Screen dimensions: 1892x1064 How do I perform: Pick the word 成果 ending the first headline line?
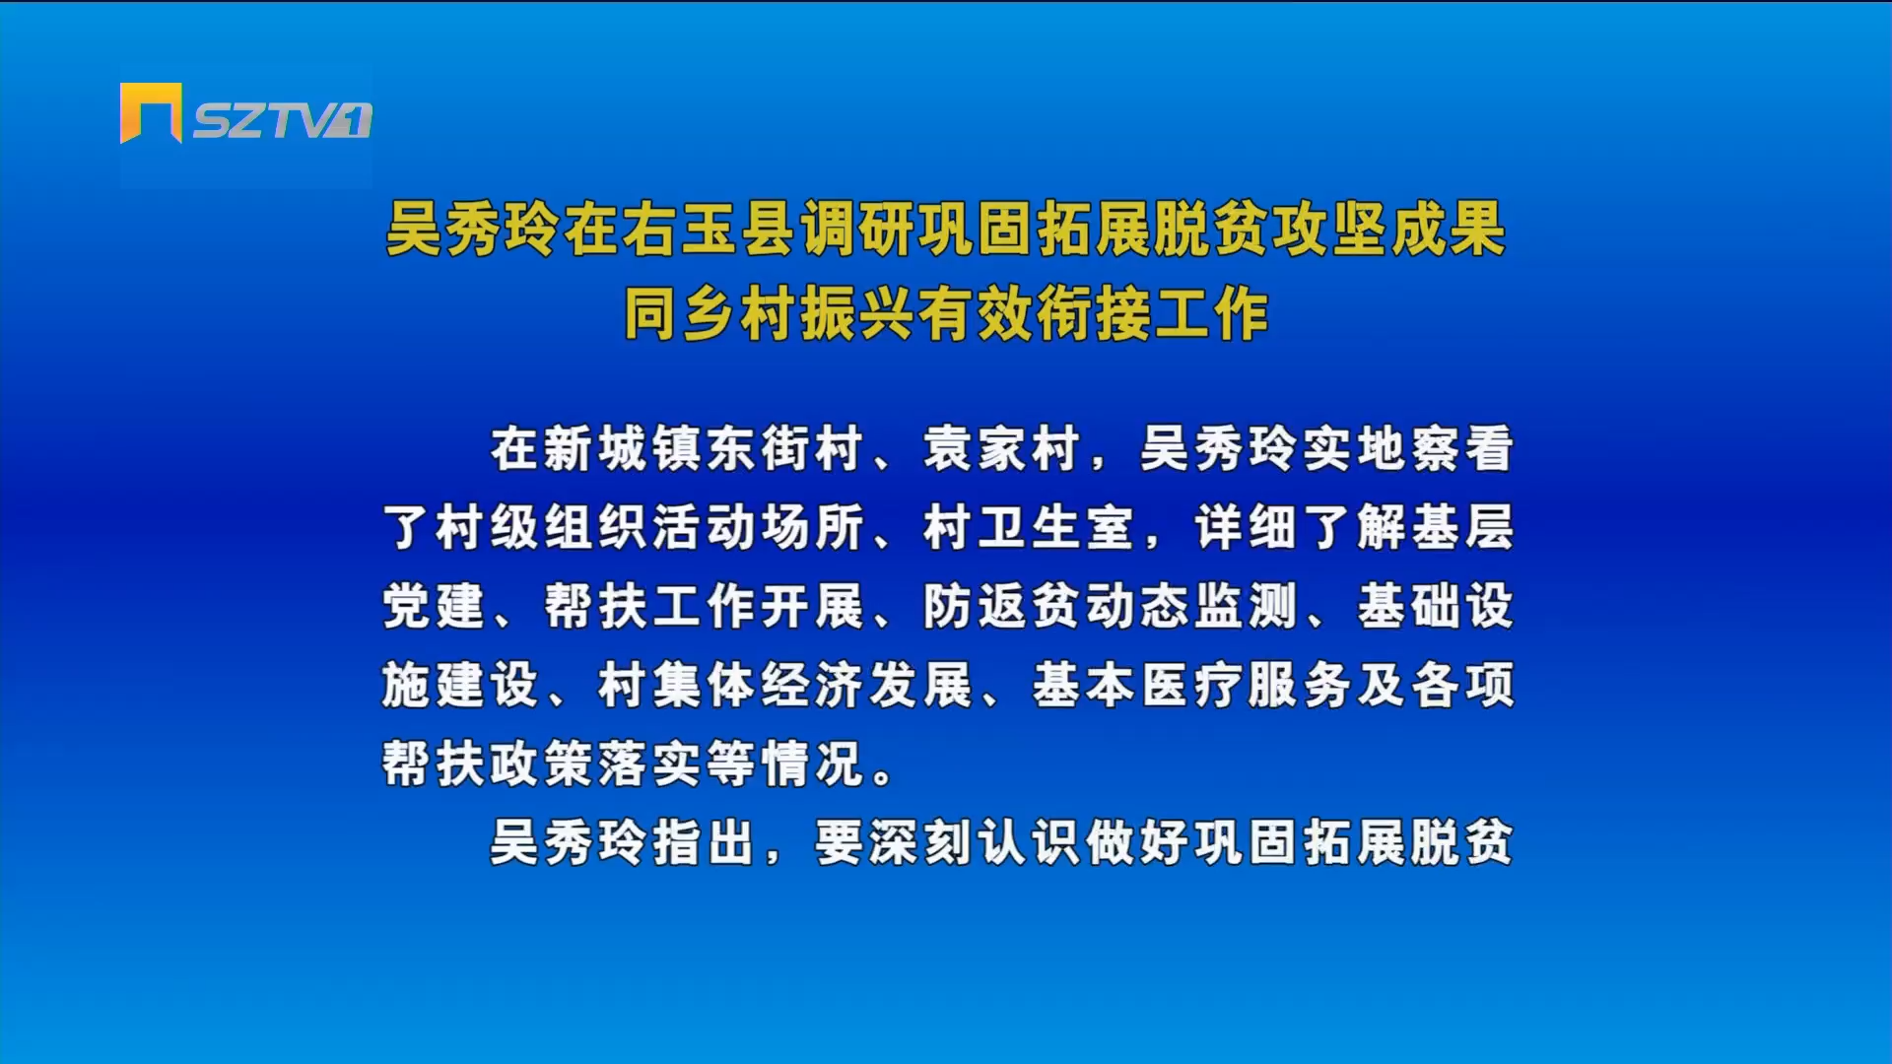click(1448, 229)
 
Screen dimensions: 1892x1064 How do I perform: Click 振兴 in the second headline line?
click(857, 314)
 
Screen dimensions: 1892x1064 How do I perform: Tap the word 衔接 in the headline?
click(1093, 314)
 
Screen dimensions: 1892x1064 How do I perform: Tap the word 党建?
click(434, 606)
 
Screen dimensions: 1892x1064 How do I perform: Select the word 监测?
click(1246, 606)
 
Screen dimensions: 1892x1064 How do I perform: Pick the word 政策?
click(542, 764)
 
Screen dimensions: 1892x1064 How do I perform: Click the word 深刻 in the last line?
click(920, 842)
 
